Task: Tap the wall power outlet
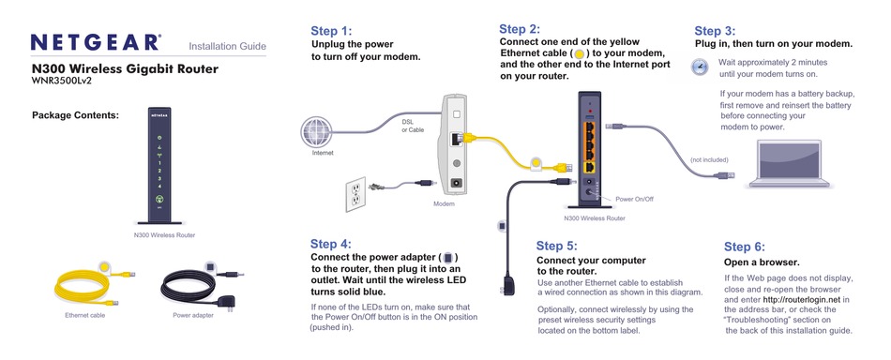click(x=355, y=192)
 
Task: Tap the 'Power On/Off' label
click(x=634, y=200)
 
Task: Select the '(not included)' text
click(x=709, y=159)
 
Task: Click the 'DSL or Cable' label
click(x=413, y=126)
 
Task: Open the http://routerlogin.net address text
click(x=802, y=300)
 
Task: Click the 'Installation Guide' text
click(x=228, y=46)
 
